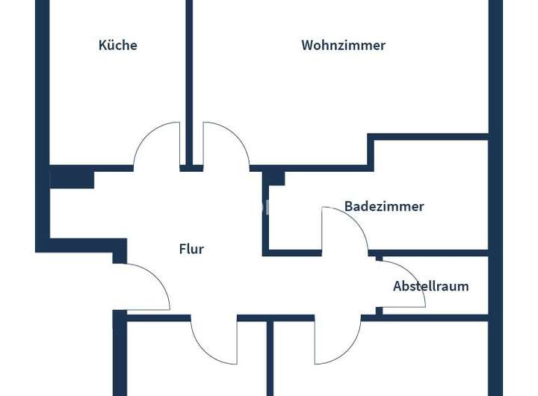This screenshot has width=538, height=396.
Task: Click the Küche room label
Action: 118,45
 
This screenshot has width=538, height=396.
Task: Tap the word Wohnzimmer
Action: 343,45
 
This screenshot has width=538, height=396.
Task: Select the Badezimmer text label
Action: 384,206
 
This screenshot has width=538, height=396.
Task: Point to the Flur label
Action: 191,250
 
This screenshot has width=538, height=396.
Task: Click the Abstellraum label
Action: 431,286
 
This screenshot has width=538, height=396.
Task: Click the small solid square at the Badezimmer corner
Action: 275,178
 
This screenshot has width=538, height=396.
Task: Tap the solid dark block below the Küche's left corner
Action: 72,179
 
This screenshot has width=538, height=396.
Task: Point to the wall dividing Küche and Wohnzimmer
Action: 189,75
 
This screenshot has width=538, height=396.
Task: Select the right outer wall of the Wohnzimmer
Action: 495,67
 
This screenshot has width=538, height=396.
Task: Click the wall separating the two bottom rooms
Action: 270,359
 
